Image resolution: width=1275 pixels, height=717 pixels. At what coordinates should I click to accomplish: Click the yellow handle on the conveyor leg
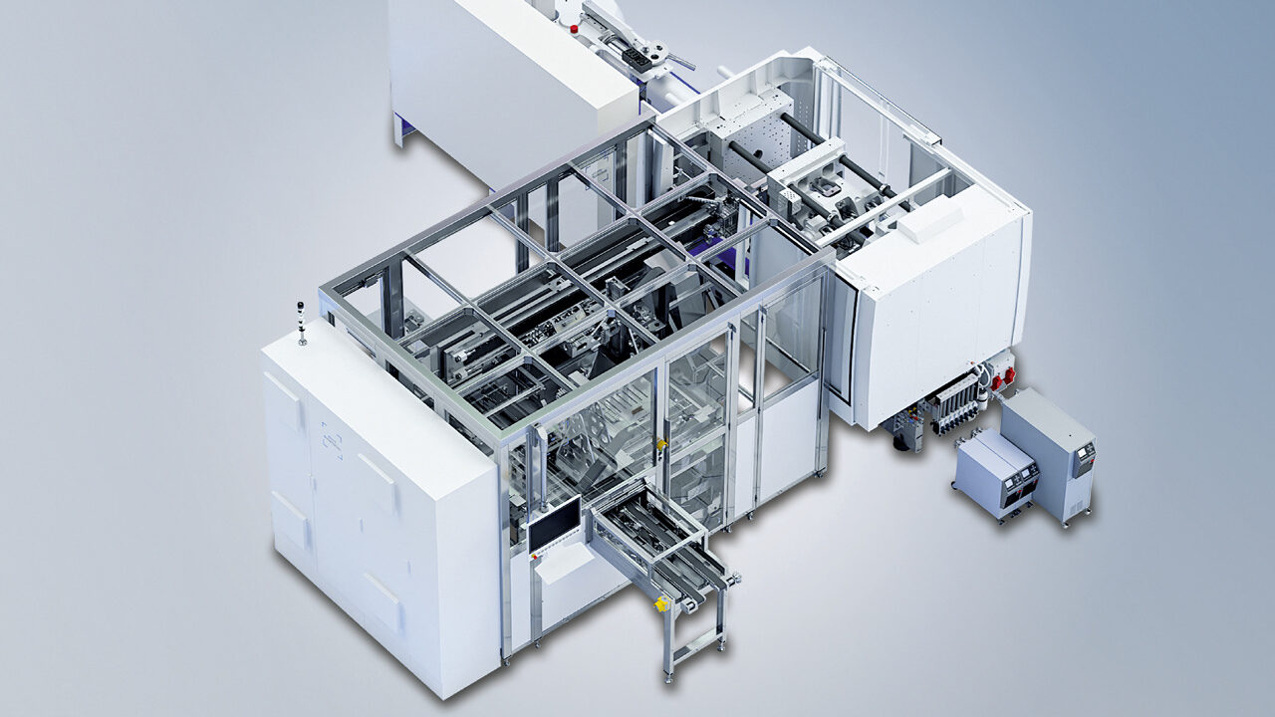point(660,603)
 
